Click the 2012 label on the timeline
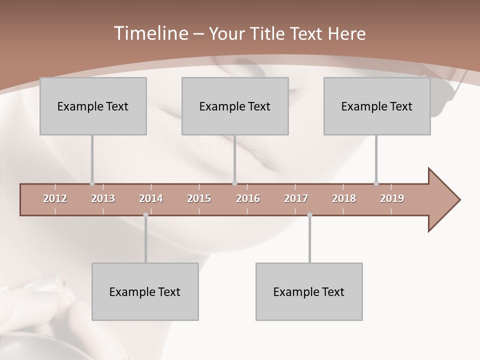55,198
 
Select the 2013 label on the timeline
103,198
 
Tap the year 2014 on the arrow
151,198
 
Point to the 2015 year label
199,198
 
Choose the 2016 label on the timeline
248,198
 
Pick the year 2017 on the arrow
296,198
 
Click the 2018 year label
344,198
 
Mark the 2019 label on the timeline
392,198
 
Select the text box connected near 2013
93,106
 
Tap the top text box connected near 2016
235,106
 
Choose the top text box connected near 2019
377,106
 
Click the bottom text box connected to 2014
145,291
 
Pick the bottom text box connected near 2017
309,291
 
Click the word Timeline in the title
150,33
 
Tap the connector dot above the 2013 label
92,183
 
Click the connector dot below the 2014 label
145,215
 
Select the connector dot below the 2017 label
309,215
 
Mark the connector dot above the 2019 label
376,183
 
